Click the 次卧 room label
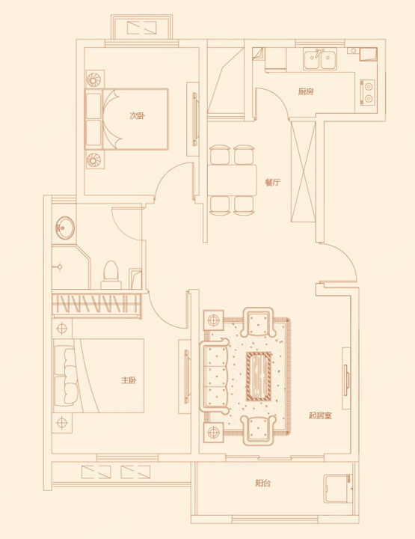coord(137,116)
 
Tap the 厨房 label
coord(306,92)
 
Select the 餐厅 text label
coord(272,182)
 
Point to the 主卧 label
coord(129,380)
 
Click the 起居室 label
coord(320,415)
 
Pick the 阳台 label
coord(263,483)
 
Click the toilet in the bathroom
coord(111,275)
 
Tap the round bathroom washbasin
coord(64,228)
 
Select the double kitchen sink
coord(320,59)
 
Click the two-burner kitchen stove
coord(367,93)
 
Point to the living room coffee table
coord(259,377)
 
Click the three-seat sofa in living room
coord(215,377)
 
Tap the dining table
coord(232,180)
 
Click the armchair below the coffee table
coord(259,430)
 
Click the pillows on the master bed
coord(69,376)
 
